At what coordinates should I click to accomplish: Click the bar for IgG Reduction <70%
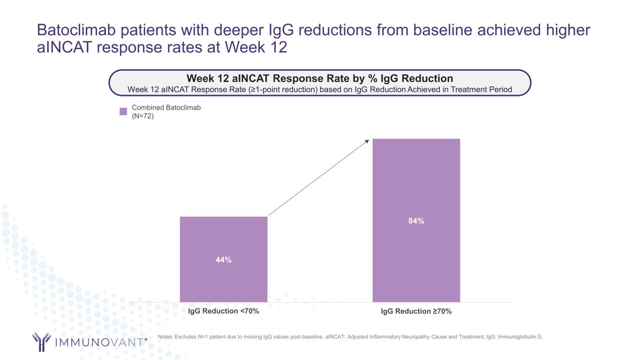(224, 281)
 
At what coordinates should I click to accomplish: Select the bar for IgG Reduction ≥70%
(416, 178)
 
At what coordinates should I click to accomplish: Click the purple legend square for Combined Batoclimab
(123, 112)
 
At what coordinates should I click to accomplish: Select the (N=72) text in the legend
(143, 116)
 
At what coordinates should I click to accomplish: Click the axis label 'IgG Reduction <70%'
(224, 311)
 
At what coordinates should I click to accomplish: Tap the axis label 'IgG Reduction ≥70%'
(416, 311)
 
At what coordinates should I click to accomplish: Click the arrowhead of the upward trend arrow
(368, 141)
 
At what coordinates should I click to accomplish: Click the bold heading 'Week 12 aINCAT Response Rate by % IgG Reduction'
(320, 78)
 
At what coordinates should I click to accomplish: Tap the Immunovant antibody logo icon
(41, 342)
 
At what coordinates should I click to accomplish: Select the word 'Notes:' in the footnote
(166, 337)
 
